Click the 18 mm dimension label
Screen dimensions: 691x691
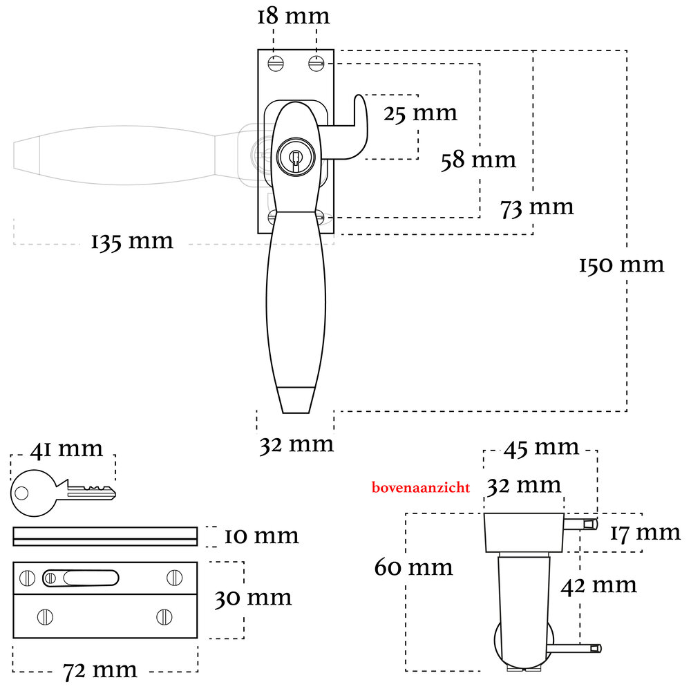(x=294, y=16)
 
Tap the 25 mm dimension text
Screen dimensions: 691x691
(x=420, y=113)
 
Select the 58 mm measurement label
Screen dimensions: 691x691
(x=478, y=160)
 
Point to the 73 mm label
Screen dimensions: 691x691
(x=537, y=207)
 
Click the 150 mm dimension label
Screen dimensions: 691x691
(x=621, y=265)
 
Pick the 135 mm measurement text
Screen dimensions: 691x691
(x=132, y=241)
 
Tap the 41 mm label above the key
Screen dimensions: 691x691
(x=66, y=449)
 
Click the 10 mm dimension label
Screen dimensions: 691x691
(x=261, y=536)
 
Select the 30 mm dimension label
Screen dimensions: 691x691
(x=253, y=598)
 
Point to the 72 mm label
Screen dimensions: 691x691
(x=100, y=670)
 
